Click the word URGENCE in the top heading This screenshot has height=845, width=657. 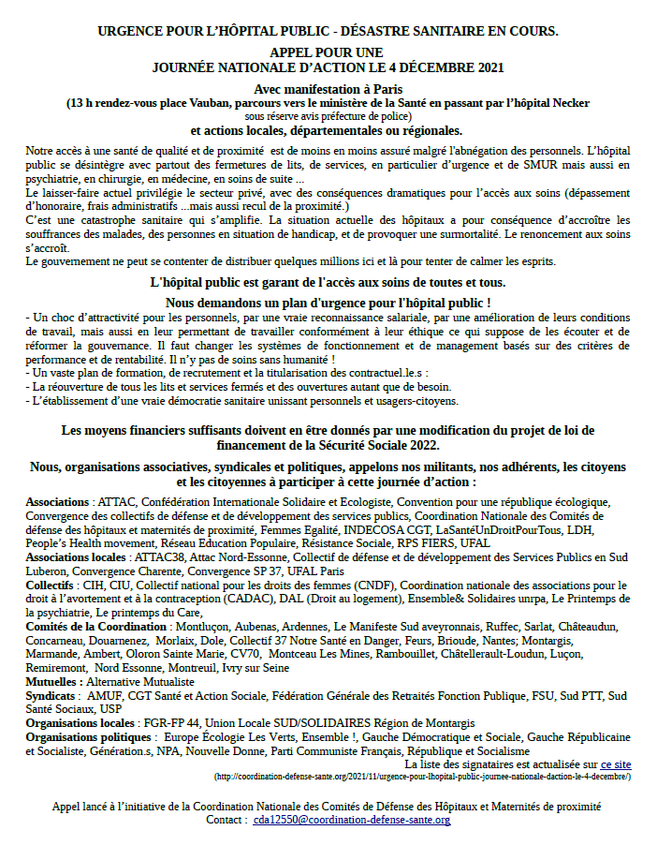pyautogui.click(x=132, y=31)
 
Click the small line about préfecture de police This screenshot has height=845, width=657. pyautogui.click(x=328, y=116)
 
